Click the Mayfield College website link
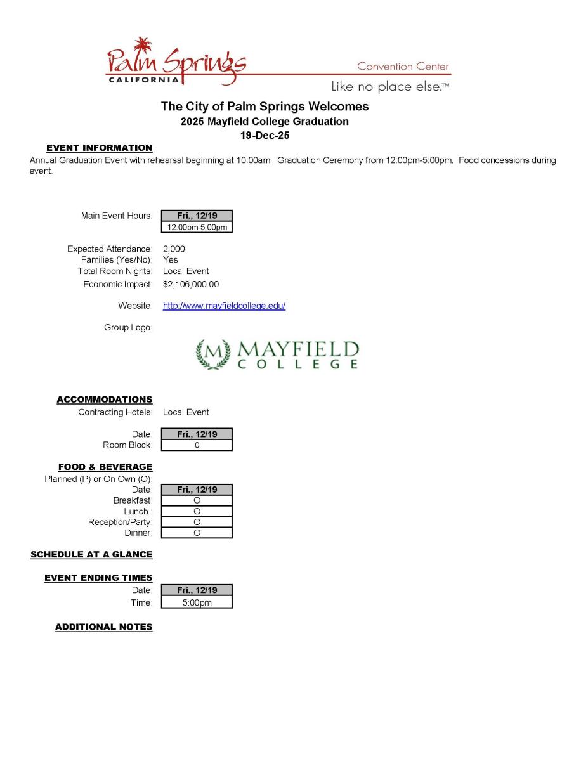(x=224, y=306)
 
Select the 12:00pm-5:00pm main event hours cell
(x=197, y=227)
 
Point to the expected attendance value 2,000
(x=174, y=249)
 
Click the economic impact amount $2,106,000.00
(x=190, y=284)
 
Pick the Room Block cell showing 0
(x=197, y=445)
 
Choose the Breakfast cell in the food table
(x=197, y=500)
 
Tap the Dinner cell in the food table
(x=197, y=533)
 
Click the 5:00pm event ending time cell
(x=197, y=602)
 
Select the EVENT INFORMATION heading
(x=100, y=148)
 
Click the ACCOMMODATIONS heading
(x=105, y=400)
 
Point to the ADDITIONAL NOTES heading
(x=104, y=627)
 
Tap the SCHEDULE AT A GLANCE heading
(x=91, y=554)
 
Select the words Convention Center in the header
(x=403, y=67)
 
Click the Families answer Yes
(x=170, y=260)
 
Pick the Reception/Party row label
(x=120, y=522)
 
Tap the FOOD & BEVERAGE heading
(x=105, y=467)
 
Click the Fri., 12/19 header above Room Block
(x=197, y=434)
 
